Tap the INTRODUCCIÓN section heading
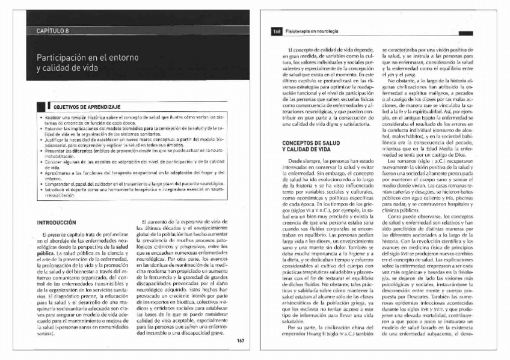coord(57,222)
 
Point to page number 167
coord(239,340)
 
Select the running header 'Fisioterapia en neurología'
coord(312,31)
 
